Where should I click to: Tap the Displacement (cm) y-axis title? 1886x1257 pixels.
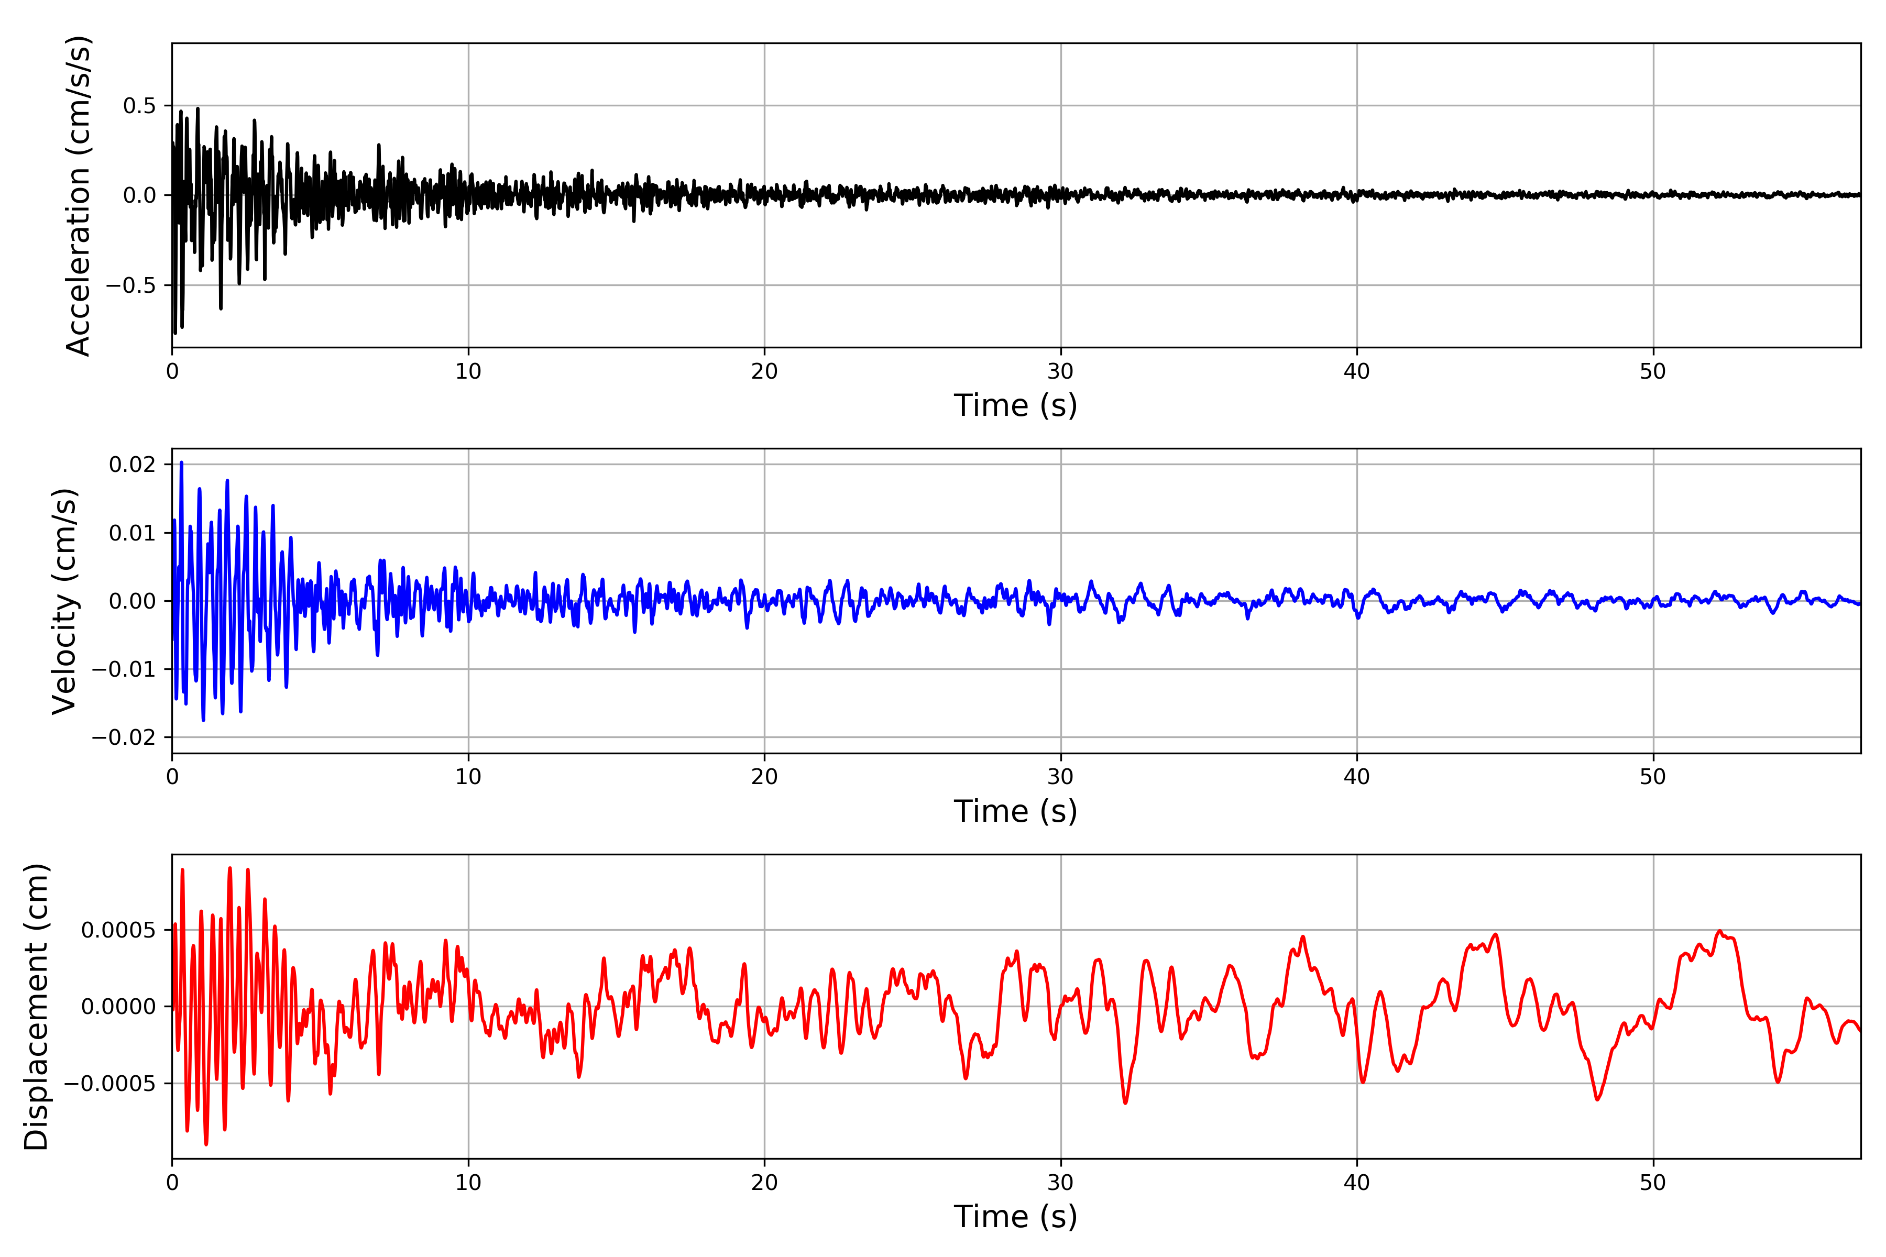[x=36, y=1006]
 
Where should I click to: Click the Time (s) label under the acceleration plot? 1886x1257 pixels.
[x=1015, y=405]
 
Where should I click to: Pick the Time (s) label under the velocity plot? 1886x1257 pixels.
[x=1015, y=811]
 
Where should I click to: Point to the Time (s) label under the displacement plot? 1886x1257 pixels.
[x=1015, y=1217]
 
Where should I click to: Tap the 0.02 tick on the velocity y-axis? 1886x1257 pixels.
[x=133, y=465]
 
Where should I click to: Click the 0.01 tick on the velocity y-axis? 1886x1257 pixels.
[x=133, y=533]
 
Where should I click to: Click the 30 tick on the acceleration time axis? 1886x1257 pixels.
[x=1060, y=372]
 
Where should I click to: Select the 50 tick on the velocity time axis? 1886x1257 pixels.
[x=1653, y=777]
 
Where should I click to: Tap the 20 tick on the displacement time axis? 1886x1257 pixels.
[x=764, y=1183]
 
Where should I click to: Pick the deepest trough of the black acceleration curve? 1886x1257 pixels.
[x=175, y=333]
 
